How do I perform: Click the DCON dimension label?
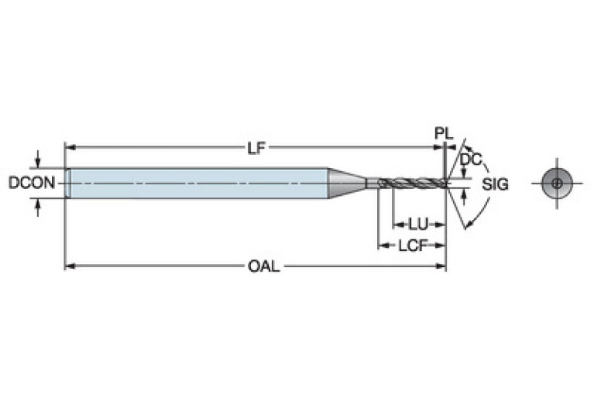click(x=31, y=184)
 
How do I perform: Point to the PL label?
click(x=442, y=134)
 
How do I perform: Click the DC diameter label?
click(x=469, y=160)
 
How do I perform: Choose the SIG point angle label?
click(x=495, y=184)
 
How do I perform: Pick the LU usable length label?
click(x=418, y=225)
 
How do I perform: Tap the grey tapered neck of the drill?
click(x=345, y=183)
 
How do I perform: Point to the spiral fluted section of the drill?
click(x=410, y=183)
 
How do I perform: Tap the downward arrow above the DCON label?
click(x=37, y=161)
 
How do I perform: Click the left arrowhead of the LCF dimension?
click(x=382, y=245)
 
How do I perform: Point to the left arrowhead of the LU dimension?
click(x=397, y=225)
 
